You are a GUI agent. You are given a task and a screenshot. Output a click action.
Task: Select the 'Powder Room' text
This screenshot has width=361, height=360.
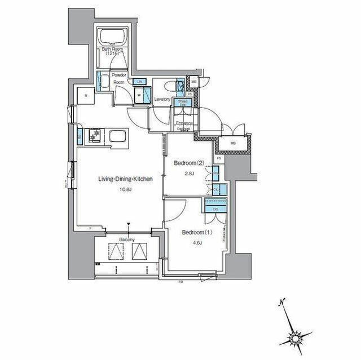(x=118, y=78)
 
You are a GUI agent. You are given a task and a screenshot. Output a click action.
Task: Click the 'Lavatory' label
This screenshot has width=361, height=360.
(x=163, y=99)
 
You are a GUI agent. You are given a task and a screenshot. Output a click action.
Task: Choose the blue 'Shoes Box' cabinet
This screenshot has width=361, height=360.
(x=183, y=103)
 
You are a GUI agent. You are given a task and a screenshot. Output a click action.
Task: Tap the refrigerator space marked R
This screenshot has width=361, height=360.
(x=86, y=96)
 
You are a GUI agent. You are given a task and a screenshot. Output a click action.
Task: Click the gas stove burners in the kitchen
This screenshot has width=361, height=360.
(x=95, y=136)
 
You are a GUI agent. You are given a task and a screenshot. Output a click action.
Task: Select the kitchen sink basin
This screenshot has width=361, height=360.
(x=118, y=137)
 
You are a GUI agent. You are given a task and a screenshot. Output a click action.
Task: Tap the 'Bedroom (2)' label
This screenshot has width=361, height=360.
(x=188, y=163)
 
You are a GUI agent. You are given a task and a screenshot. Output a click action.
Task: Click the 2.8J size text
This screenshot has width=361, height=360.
(x=189, y=174)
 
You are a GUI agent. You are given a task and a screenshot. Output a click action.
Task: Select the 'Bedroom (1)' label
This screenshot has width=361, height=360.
(x=195, y=232)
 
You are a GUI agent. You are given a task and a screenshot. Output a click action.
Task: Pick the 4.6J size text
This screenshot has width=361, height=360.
(x=195, y=242)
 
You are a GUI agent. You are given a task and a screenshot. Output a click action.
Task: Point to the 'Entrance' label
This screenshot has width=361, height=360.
(x=184, y=122)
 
